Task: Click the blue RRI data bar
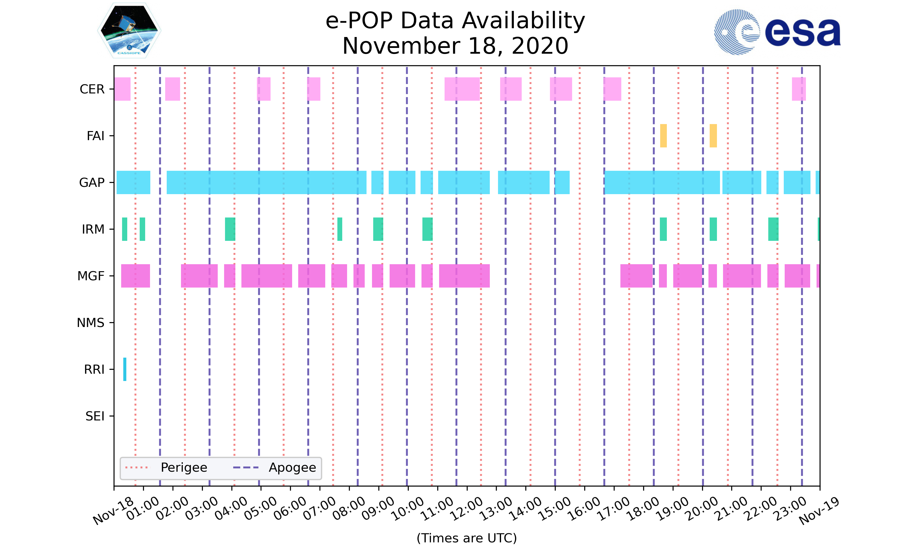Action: click(x=125, y=369)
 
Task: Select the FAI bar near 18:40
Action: click(x=663, y=136)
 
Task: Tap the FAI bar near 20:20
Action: click(x=713, y=136)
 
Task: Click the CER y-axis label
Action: click(x=92, y=89)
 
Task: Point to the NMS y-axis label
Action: click(x=90, y=323)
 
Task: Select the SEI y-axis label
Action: click(x=95, y=416)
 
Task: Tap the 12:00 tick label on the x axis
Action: click(x=467, y=509)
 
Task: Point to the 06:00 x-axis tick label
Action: click(x=290, y=509)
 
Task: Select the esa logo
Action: click(x=777, y=32)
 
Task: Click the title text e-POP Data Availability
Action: click(x=455, y=21)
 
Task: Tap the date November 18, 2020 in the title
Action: click(x=455, y=46)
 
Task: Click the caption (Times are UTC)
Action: click(x=466, y=538)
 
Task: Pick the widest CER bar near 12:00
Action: click(x=462, y=89)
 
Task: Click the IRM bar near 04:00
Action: click(x=230, y=229)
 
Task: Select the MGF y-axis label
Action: click(x=90, y=276)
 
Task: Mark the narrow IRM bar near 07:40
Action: click(x=339, y=229)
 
